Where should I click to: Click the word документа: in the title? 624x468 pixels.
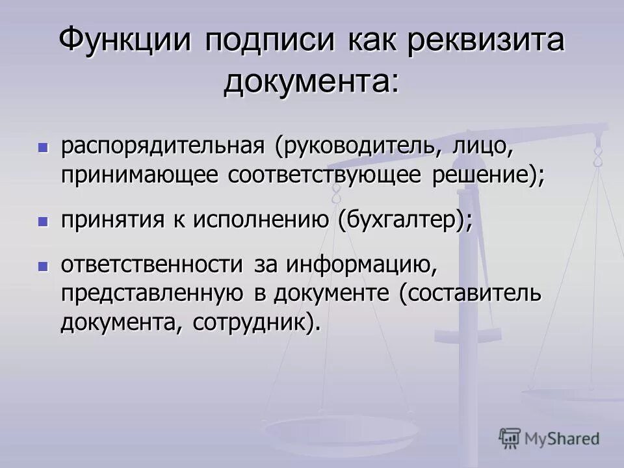pos(311,83)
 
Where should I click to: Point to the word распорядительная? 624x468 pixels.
pos(162,146)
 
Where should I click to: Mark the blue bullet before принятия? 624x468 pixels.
pos(44,221)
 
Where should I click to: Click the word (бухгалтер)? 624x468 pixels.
pos(405,220)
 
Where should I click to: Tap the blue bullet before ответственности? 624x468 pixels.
pos(44,266)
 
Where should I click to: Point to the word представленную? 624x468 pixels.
pos(153,293)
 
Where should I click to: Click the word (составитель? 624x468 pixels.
pos(470,293)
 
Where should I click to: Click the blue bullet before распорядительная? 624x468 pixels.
pos(44,148)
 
